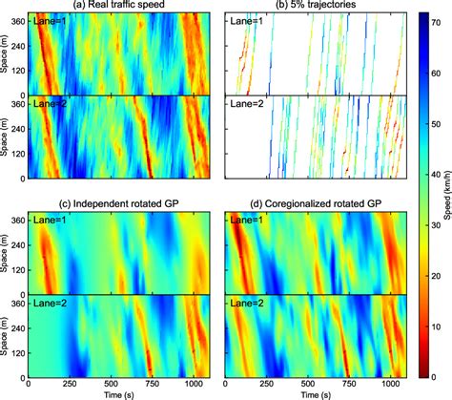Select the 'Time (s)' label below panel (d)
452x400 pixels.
315,392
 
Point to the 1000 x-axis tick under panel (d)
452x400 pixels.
386,380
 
